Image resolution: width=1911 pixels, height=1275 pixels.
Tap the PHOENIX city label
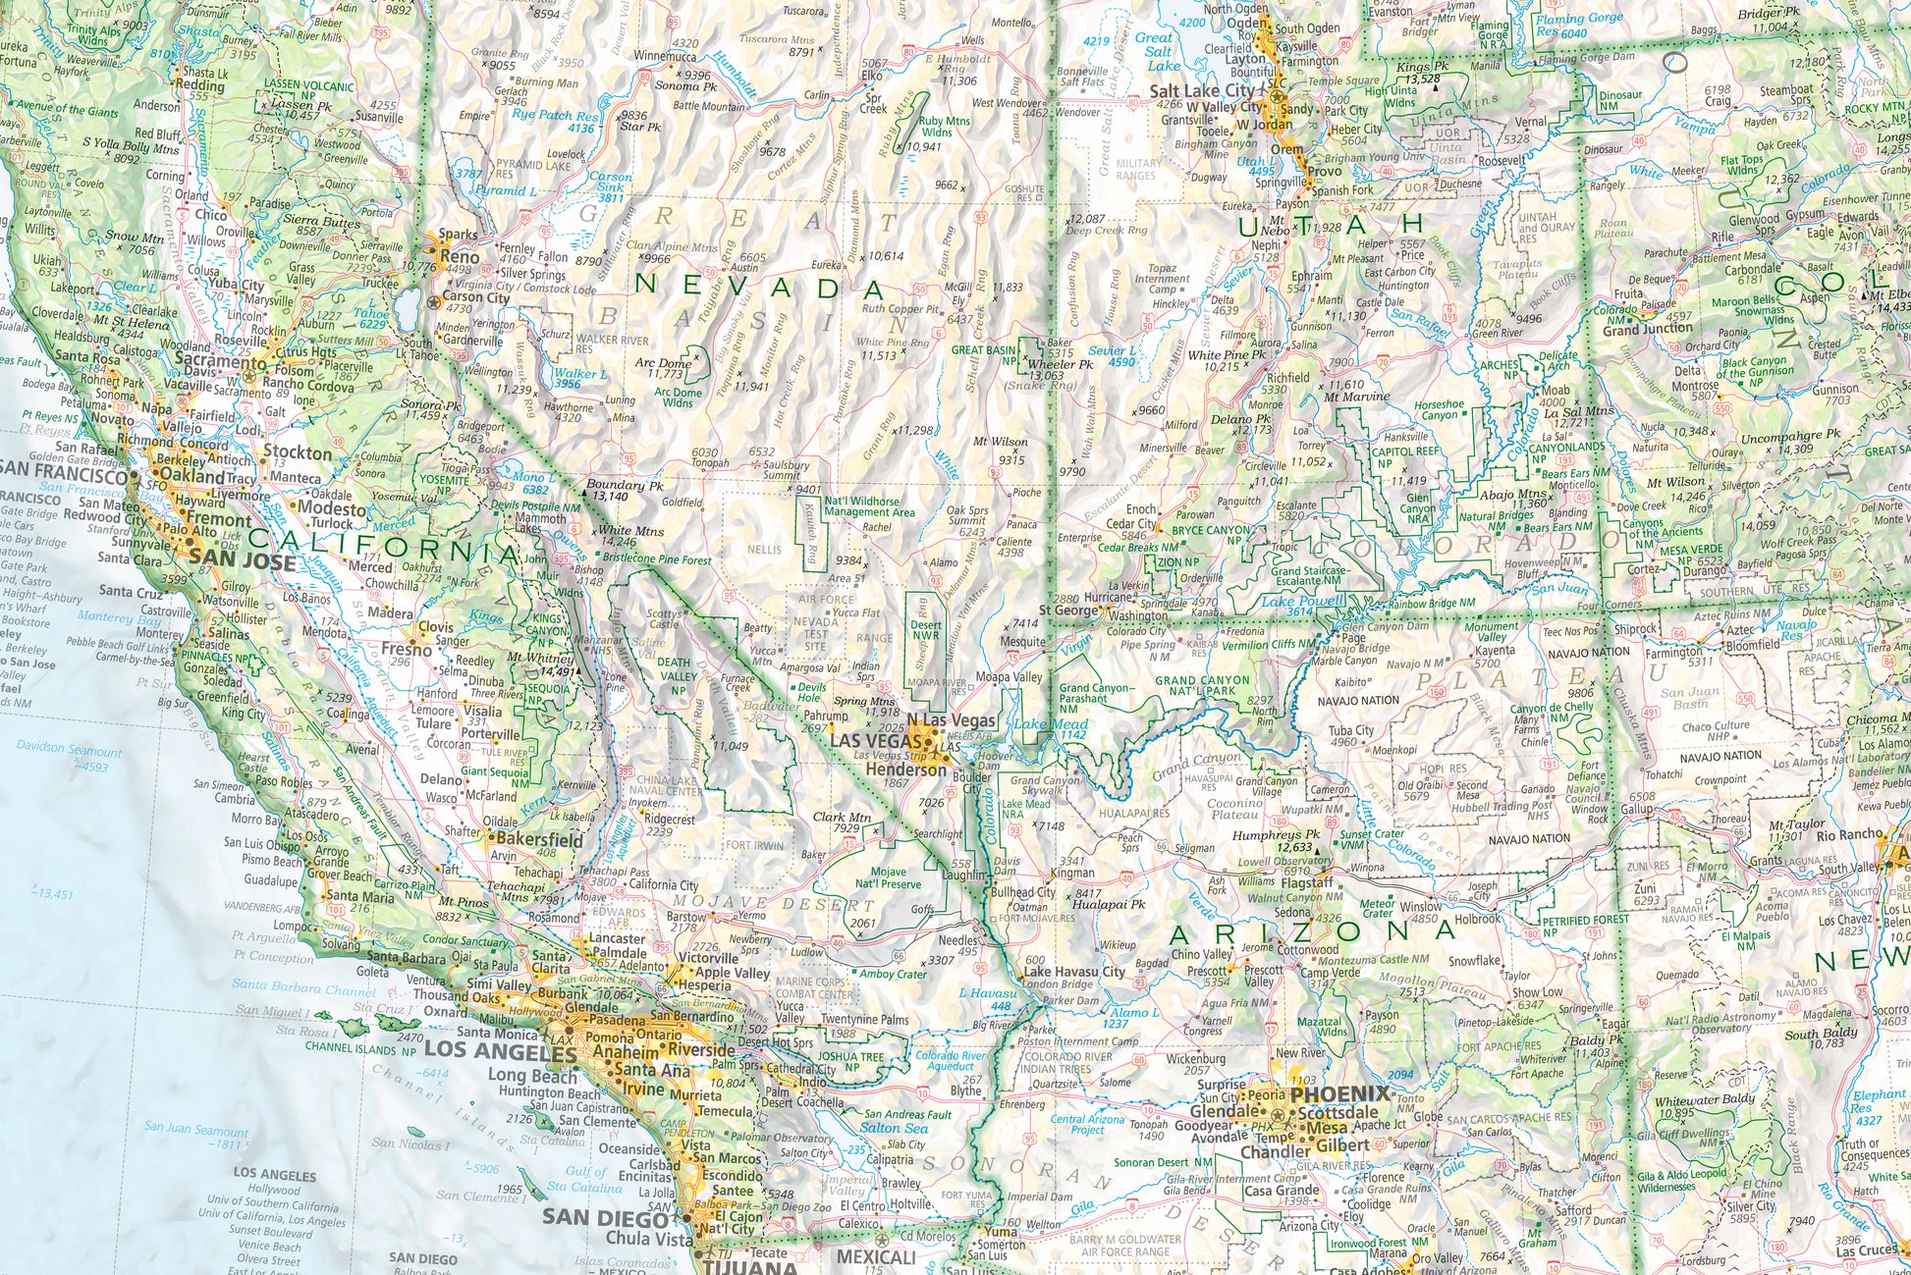tap(1340, 1093)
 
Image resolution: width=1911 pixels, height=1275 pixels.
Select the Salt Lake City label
tap(1202, 91)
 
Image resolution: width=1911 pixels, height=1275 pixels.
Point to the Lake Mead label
tap(1038, 724)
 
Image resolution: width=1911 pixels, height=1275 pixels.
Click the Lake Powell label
tap(1302, 601)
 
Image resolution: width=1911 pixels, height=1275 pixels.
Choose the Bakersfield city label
tap(538, 840)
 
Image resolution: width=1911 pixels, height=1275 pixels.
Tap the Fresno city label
tap(406, 649)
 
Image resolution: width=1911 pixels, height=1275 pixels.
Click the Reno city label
tap(460, 257)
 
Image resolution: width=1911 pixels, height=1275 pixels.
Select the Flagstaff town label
tap(1305, 882)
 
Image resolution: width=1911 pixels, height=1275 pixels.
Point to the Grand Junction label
tap(1647, 331)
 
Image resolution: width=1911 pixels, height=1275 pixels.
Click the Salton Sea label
tap(894, 1128)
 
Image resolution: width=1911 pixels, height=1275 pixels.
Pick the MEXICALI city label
tap(876, 1257)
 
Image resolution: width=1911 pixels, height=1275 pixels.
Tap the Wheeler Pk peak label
tap(1060, 364)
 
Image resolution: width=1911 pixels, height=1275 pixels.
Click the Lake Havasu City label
tap(1073, 972)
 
